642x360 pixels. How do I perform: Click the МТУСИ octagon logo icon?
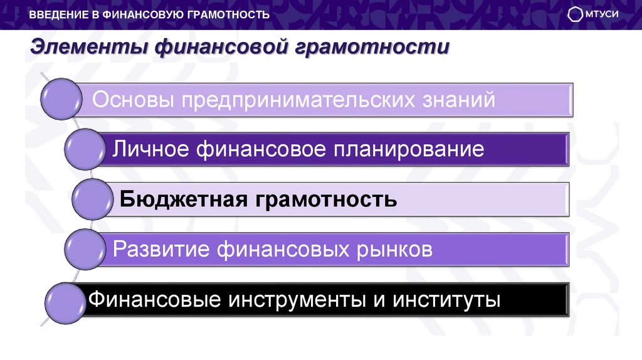[575, 14]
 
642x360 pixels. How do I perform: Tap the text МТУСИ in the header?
[601, 14]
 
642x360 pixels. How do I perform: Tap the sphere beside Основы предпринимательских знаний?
[61, 98]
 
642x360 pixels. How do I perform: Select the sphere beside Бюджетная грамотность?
[92, 200]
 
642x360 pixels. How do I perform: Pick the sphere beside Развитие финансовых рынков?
[85, 249]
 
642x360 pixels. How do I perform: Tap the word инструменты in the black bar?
[298, 299]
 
